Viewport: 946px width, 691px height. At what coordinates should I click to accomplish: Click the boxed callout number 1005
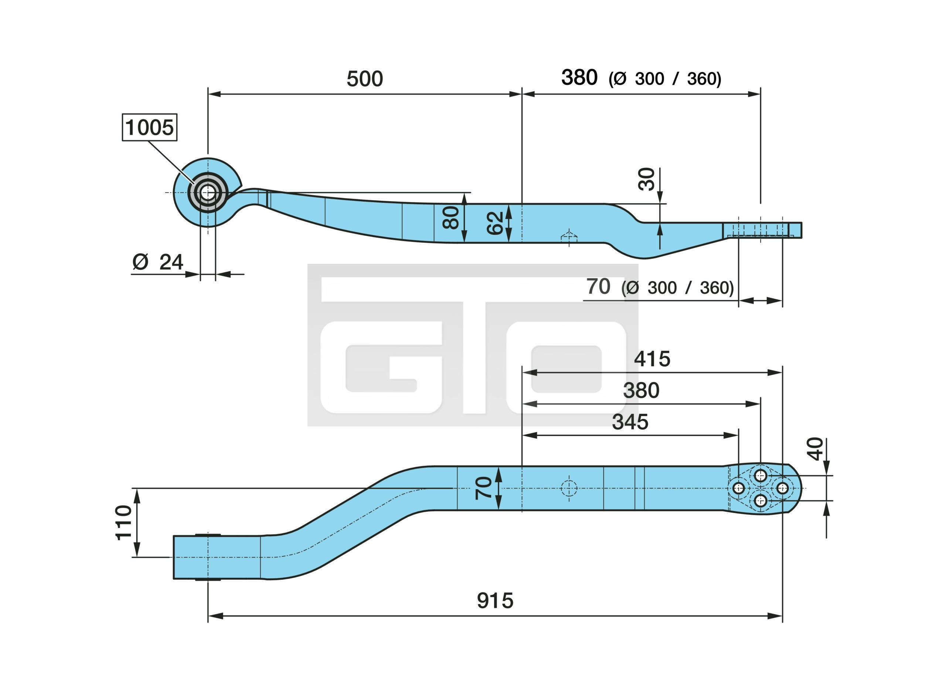149,127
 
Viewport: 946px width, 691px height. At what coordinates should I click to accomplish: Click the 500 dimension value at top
365,79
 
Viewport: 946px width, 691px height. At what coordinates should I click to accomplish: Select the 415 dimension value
652,359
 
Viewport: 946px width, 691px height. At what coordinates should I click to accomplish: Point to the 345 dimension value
630,422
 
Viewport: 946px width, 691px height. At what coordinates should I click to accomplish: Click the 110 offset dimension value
124,522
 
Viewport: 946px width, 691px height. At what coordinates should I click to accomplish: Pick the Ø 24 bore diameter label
158,262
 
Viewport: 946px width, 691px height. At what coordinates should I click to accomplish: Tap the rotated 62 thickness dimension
496,223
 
